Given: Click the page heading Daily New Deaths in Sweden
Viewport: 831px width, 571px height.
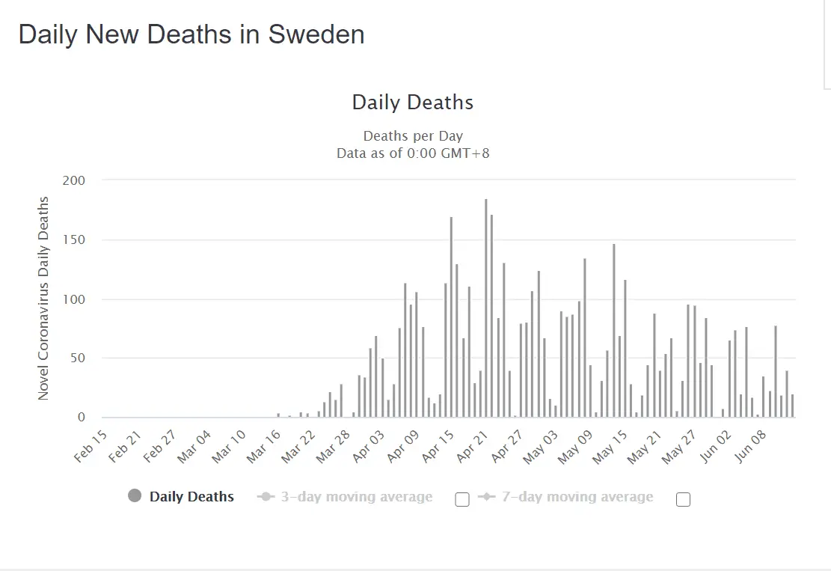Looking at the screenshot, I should click(x=191, y=34).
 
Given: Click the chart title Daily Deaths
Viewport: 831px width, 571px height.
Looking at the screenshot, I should click(x=413, y=103).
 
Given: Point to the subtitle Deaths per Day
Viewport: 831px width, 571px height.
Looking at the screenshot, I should click(x=413, y=136).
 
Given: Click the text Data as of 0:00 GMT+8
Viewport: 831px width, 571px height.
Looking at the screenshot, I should click(x=413, y=153).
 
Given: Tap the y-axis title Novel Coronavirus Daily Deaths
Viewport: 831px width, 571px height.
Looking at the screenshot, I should click(x=43, y=298).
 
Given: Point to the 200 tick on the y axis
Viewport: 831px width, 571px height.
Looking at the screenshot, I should click(x=76, y=180).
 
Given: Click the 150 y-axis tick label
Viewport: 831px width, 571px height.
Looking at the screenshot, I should click(x=76, y=240).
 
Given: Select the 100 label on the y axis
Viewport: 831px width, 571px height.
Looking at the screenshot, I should click(x=76, y=299).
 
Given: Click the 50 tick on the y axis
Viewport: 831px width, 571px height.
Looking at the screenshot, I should click(x=79, y=358).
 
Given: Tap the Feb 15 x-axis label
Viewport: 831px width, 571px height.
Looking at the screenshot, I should click(x=91, y=446).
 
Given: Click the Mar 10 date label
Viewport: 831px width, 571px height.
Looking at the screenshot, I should click(x=229, y=446).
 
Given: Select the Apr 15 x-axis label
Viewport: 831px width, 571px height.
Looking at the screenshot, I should click(x=435, y=446).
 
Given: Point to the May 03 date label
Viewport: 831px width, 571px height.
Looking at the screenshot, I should click(x=539, y=446).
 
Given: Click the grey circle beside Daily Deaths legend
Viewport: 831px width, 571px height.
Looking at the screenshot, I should click(x=135, y=496).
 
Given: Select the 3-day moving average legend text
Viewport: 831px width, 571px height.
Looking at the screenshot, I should click(x=356, y=497).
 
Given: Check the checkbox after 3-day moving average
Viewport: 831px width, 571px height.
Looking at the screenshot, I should click(x=462, y=500).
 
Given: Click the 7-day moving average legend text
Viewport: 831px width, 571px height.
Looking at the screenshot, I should click(x=577, y=497).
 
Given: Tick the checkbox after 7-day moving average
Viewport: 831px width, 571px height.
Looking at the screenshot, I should click(x=683, y=500).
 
